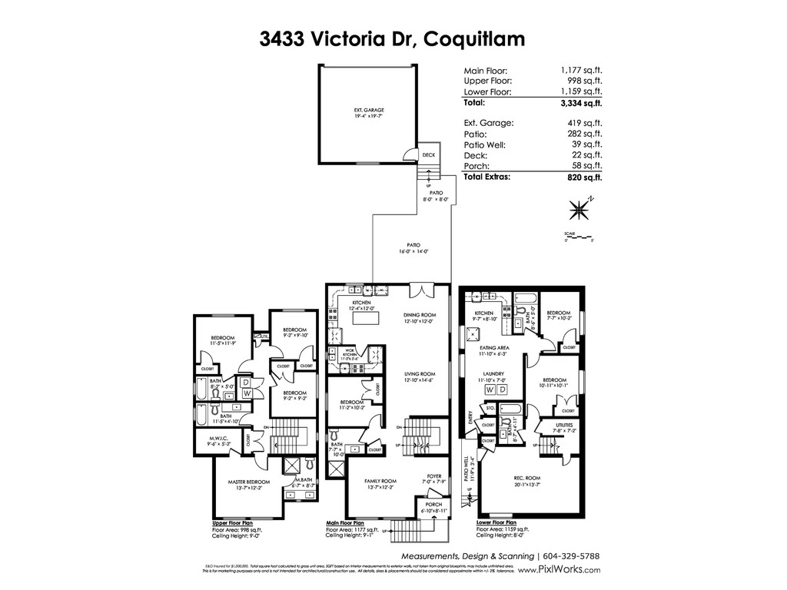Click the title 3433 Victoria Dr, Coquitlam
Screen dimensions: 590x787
tap(393, 39)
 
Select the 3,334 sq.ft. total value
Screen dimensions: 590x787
tap(581, 102)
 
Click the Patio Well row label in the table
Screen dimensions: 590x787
tap(484, 144)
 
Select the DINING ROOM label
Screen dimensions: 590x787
tap(420, 315)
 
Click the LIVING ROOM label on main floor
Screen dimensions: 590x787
tap(420, 374)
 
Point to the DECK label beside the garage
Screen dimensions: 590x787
tap(429, 154)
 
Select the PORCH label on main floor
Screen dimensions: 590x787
tap(431, 505)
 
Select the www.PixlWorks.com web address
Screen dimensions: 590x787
tap(560, 570)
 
